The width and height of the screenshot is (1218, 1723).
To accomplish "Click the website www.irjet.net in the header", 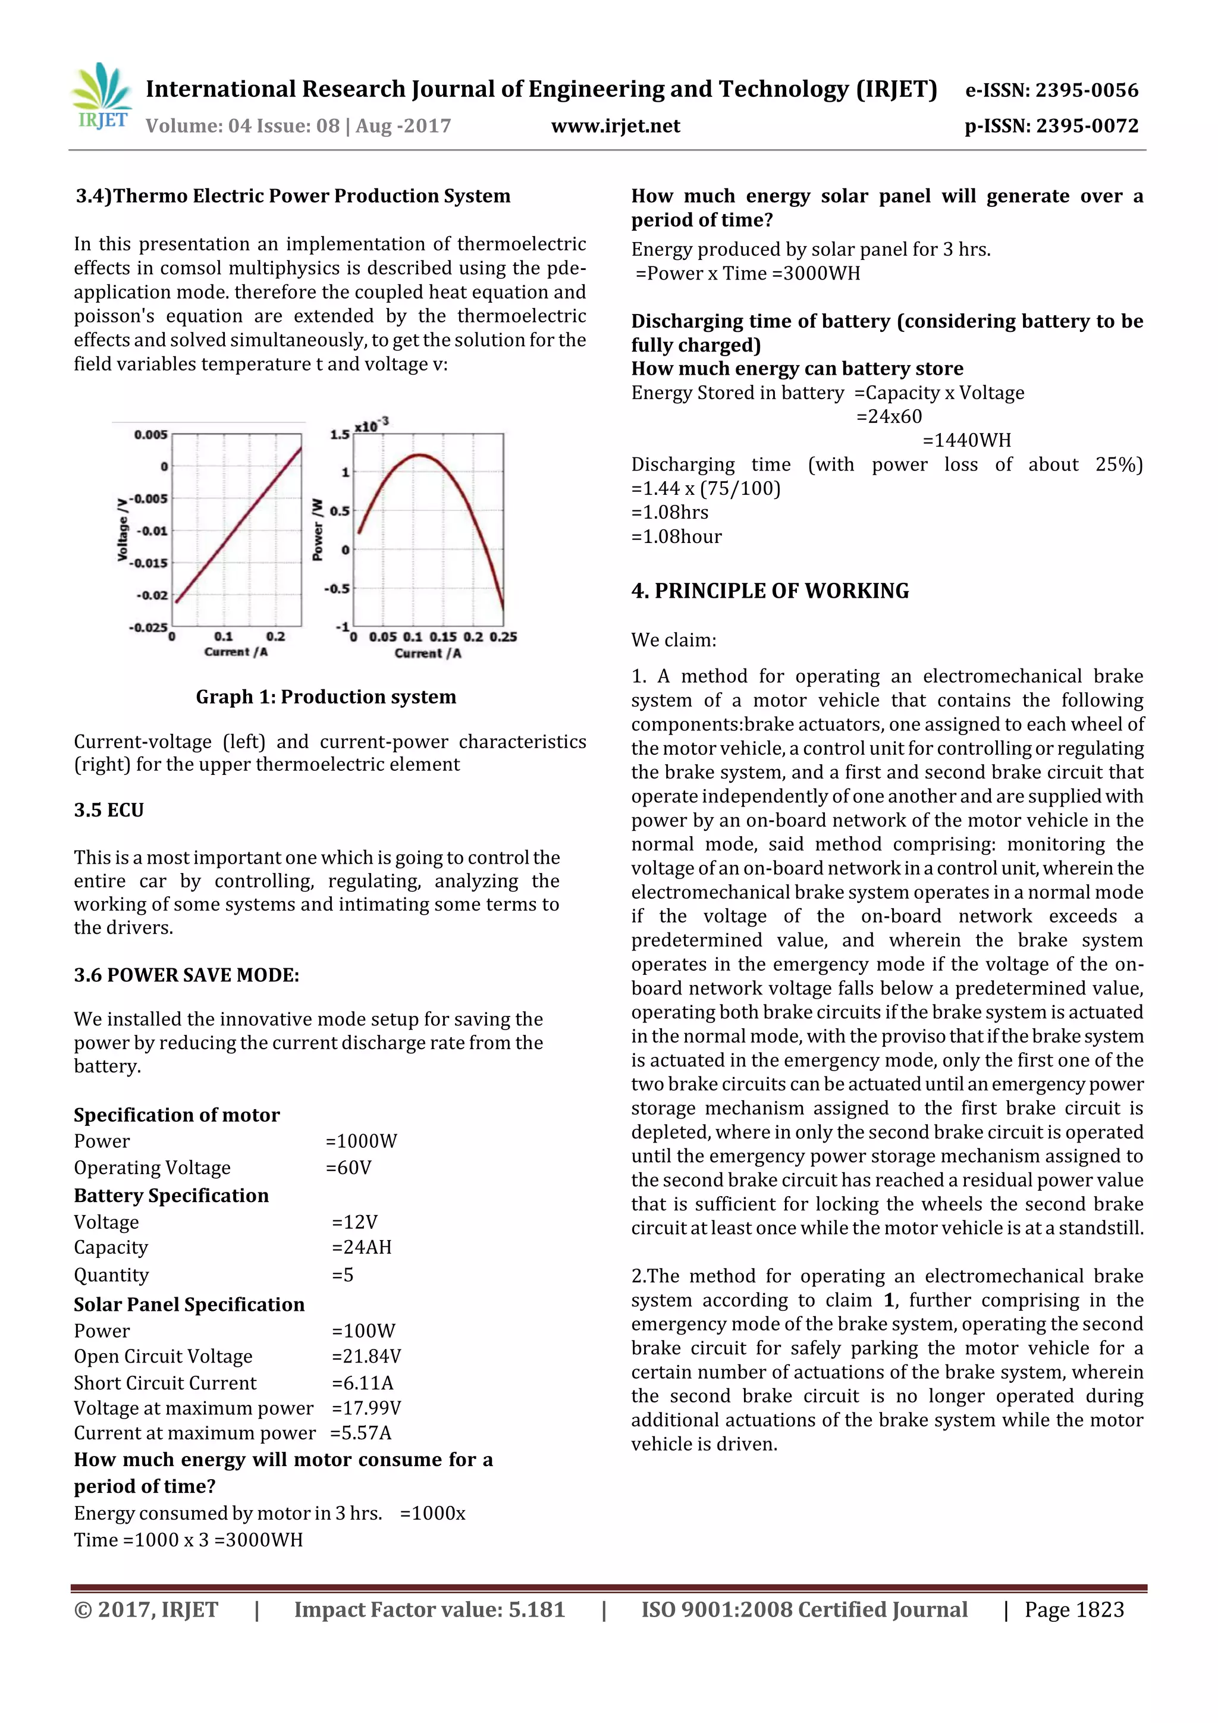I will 616,126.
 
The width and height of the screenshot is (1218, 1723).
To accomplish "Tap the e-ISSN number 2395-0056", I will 1087,90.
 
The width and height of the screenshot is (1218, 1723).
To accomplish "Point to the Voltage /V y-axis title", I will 121,530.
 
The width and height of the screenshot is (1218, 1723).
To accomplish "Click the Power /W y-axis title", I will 318,530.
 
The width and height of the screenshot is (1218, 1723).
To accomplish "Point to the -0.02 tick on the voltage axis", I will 152,595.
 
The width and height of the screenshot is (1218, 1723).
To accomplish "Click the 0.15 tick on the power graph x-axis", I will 442,636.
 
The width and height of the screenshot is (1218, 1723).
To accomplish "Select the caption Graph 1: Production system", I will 326,696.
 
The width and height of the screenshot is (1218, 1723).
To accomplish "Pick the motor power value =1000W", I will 361,1141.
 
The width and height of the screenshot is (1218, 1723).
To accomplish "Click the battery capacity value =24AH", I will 362,1247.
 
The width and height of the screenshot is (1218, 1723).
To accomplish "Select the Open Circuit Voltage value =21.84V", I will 366,1356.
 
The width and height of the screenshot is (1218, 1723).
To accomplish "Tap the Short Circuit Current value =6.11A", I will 362,1382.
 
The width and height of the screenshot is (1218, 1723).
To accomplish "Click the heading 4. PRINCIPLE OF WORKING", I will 770,591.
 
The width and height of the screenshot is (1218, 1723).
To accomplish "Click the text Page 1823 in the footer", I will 1074,1609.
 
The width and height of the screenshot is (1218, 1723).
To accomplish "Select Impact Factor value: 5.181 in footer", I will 429,1609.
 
